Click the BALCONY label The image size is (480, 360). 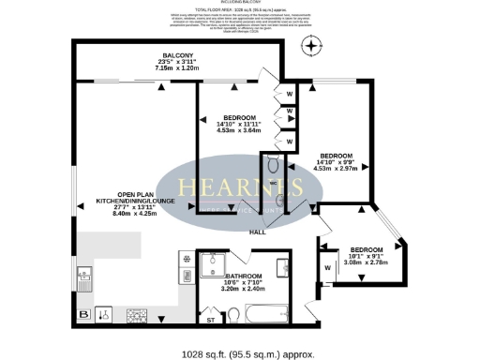177,55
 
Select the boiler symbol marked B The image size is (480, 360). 84,314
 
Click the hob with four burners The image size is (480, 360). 138,315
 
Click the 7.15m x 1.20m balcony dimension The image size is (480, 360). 177,68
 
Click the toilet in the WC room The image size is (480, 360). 273,161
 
